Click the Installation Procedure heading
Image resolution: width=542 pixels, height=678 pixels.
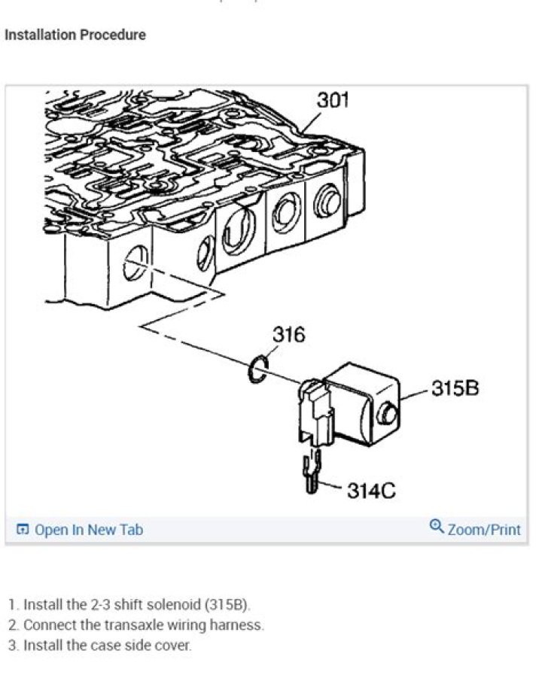click(75, 35)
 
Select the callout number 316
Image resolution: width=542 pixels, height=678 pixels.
click(288, 334)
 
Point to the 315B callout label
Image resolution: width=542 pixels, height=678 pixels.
click(455, 389)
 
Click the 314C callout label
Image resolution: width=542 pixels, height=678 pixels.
click(371, 491)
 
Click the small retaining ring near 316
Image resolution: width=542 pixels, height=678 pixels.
click(258, 370)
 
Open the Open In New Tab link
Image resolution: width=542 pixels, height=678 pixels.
click(89, 530)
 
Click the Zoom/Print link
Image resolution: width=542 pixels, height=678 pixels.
click(483, 530)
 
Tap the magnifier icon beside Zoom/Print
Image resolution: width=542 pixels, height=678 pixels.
click(437, 528)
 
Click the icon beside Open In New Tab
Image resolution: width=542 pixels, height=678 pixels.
click(23, 530)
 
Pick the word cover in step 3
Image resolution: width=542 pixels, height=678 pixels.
click(175, 645)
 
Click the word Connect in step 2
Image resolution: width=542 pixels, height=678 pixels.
click(48, 625)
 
